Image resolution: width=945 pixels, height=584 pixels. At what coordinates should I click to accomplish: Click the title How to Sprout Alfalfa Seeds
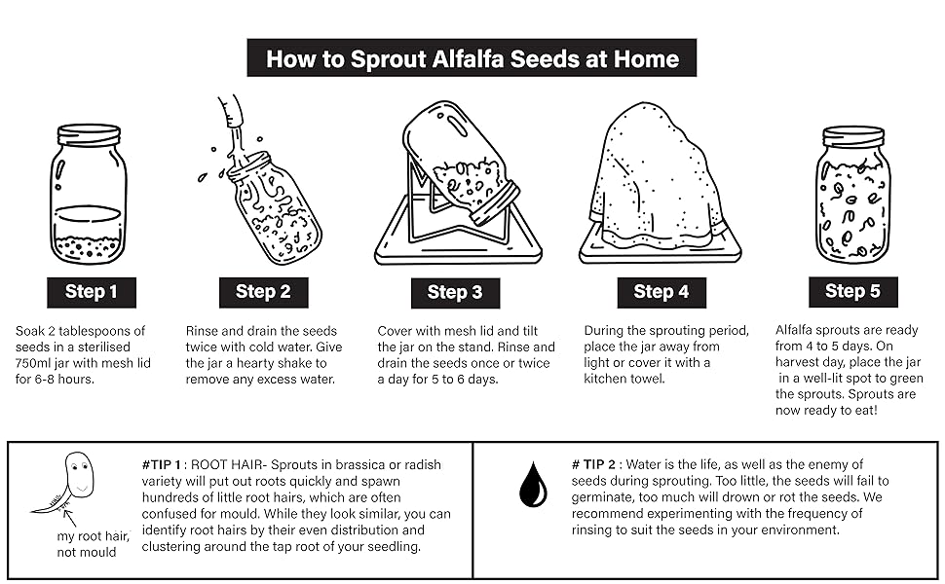point(472,57)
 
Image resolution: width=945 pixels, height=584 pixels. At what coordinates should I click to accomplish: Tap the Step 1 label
point(92,292)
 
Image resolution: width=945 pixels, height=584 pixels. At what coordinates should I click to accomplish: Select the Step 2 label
point(263,292)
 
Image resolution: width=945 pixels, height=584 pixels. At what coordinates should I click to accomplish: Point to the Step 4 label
point(661,292)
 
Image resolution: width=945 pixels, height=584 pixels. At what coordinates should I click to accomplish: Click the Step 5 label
point(852,291)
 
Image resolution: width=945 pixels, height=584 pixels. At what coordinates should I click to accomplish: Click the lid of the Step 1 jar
point(88,134)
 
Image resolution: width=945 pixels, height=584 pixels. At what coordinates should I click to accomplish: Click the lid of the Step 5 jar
point(852,136)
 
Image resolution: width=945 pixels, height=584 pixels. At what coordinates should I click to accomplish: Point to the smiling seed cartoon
point(77,475)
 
